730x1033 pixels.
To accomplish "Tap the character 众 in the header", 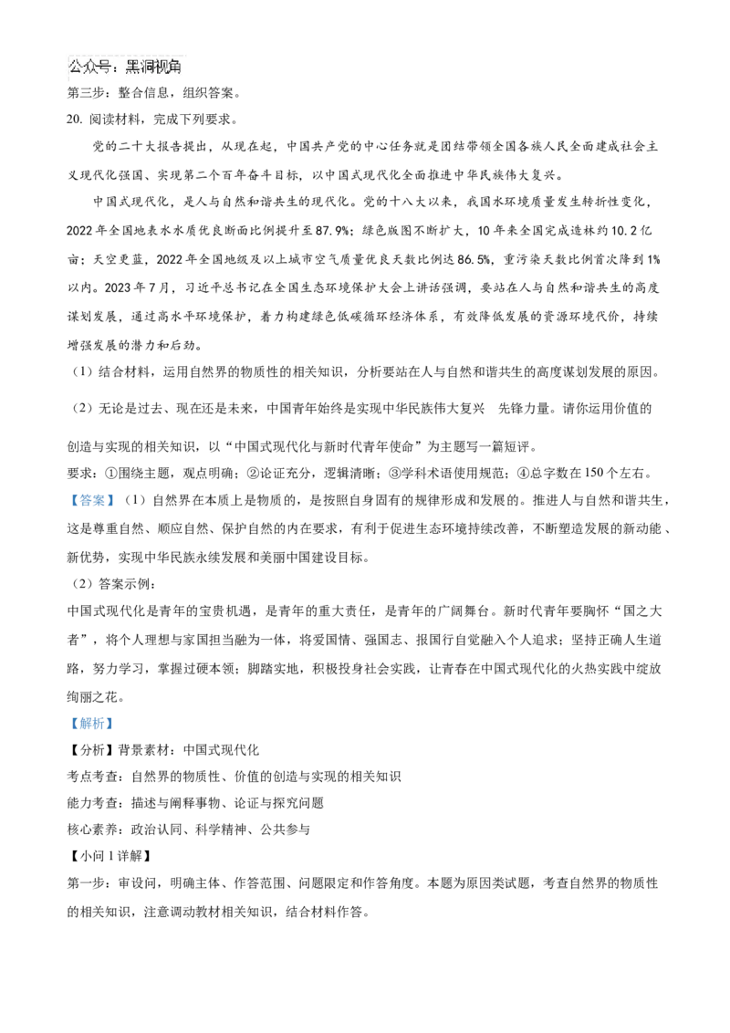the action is [91, 68].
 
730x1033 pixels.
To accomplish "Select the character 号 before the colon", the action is [106, 68].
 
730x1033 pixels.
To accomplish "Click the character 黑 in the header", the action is [134, 68].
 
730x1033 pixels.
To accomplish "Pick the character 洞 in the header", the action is [149, 68].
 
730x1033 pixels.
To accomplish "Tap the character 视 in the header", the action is [163, 68].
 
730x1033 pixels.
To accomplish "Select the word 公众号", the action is [91, 68].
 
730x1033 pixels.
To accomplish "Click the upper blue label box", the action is [91, 500].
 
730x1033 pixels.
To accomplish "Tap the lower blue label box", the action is [91, 723].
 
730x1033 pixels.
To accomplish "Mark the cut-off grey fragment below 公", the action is [73, 85].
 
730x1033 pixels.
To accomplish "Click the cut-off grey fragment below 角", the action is [185, 85].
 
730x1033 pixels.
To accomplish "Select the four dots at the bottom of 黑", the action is [134, 73].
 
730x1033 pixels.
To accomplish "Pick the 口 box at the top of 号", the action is [106, 63].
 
